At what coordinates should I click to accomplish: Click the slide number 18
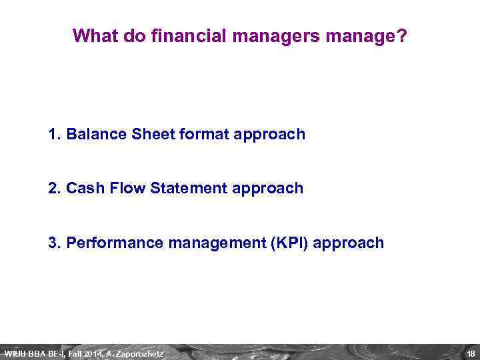(471, 353)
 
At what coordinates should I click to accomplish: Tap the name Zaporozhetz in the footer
(139, 353)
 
